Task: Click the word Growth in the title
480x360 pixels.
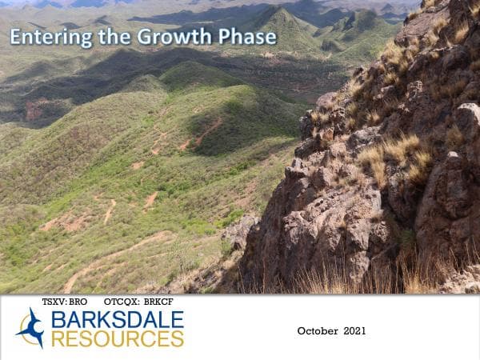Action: (x=170, y=37)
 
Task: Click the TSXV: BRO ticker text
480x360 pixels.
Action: (x=64, y=302)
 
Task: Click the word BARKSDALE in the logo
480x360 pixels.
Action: (x=117, y=320)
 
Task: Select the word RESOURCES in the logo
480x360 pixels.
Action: (x=117, y=338)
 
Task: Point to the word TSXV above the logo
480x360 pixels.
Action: (x=54, y=302)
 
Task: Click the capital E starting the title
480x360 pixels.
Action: (x=15, y=37)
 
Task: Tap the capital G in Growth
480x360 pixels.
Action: (x=146, y=37)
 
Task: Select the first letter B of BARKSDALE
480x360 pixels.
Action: (x=57, y=320)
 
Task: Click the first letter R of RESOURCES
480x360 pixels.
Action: (x=58, y=338)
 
